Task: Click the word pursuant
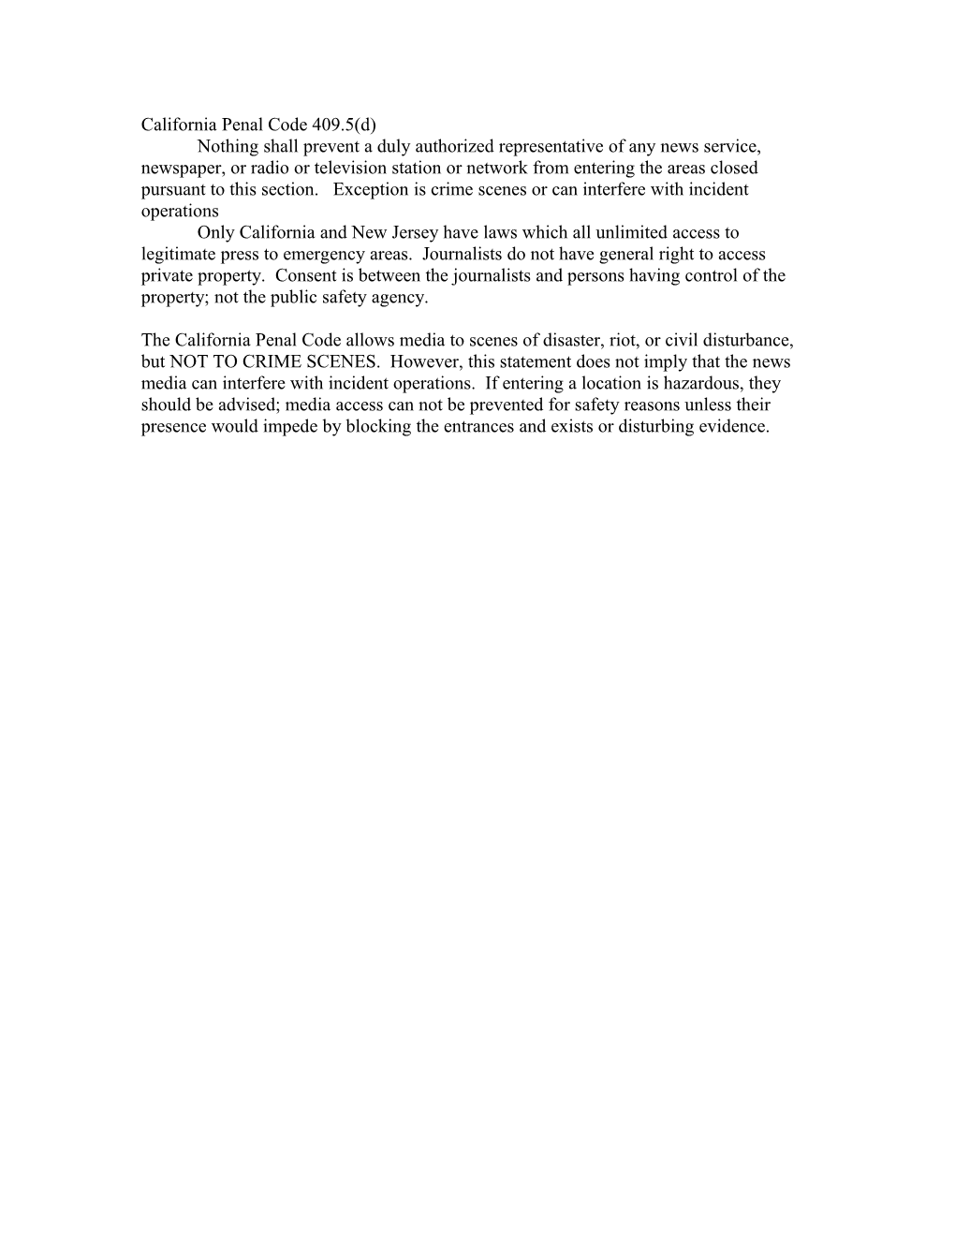pos(171,189)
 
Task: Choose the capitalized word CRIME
pos(261,361)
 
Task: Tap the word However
pos(438,361)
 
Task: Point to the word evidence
pos(733,427)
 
